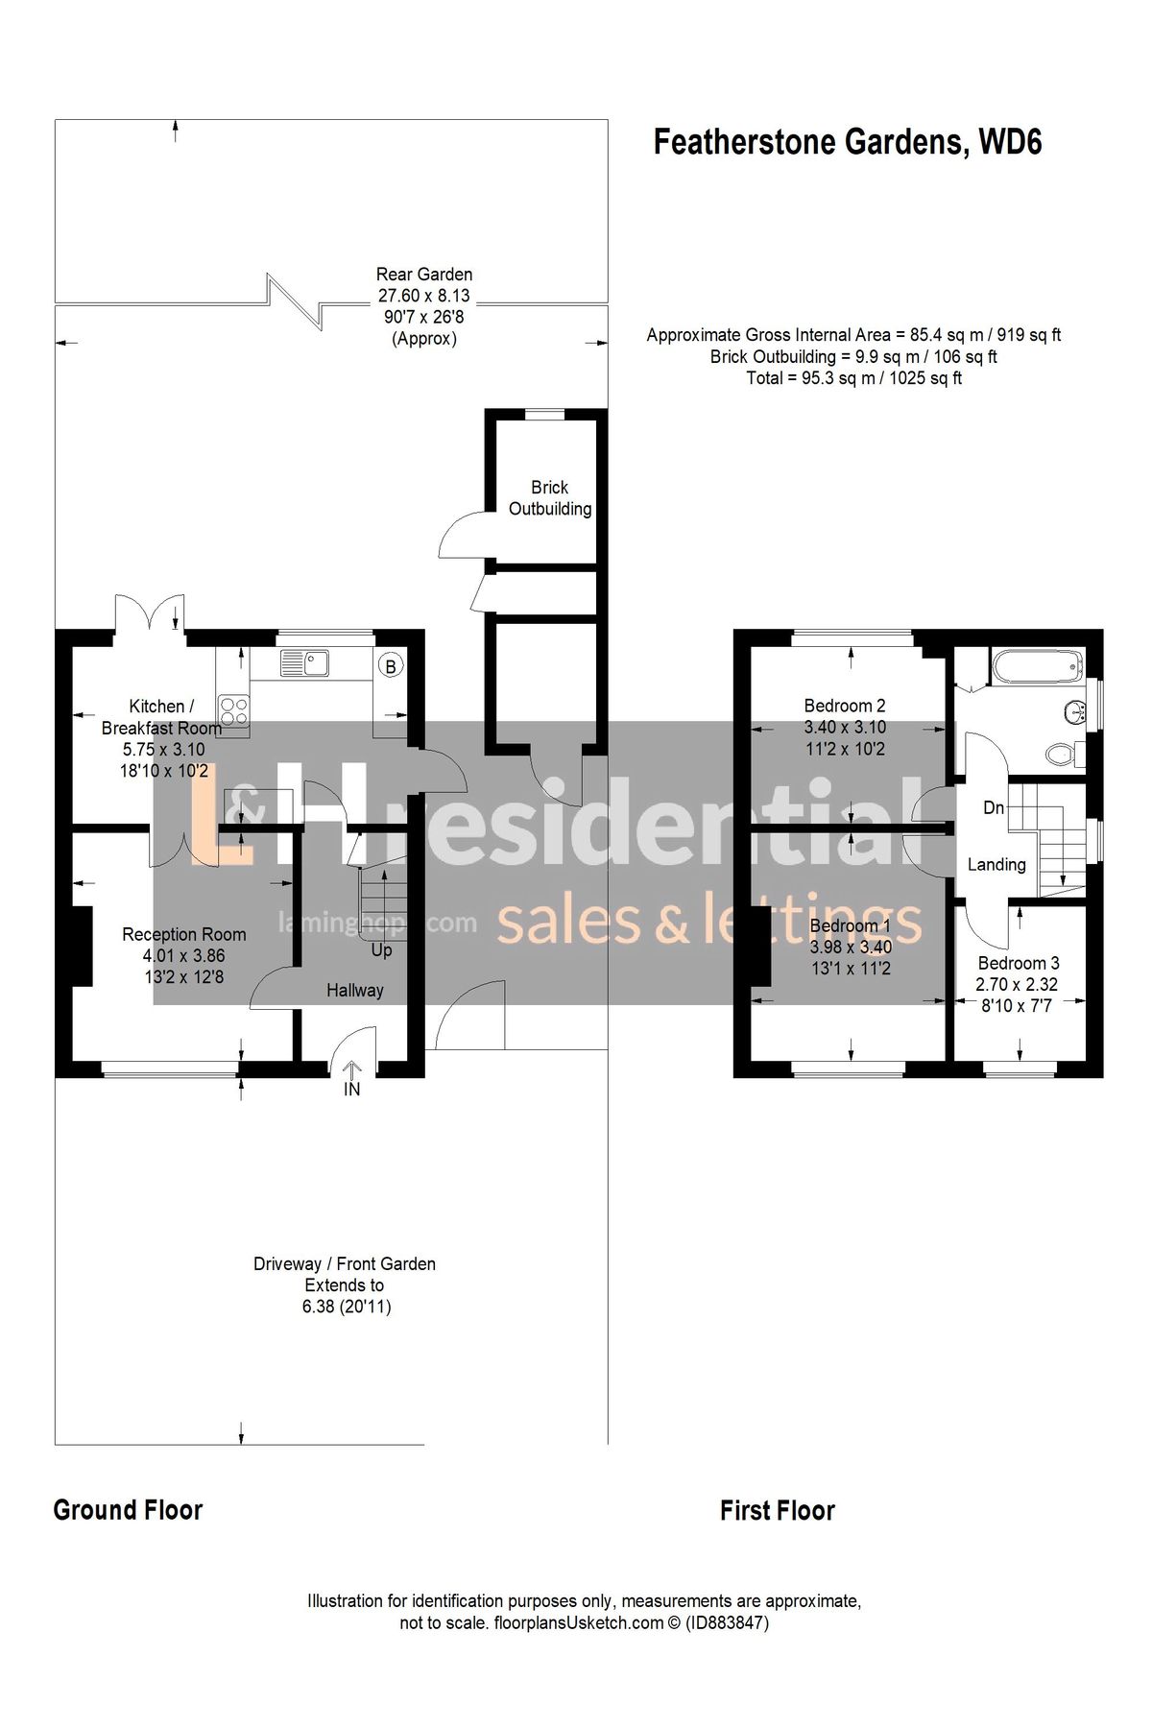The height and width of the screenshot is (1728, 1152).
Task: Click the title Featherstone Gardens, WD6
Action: [848, 142]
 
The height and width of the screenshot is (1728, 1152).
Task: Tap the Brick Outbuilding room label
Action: [549, 498]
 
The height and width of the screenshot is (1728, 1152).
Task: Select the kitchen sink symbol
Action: [304, 662]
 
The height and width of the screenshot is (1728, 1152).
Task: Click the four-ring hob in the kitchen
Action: [234, 710]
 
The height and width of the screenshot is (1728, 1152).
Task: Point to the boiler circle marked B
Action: [390, 665]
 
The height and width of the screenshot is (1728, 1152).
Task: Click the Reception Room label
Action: [183, 934]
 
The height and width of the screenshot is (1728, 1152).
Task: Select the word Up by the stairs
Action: [381, 950]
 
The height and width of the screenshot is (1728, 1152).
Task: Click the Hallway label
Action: [354, 990]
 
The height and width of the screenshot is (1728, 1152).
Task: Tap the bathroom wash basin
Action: [1077, 711]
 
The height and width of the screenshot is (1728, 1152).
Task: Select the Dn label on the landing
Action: [994, 807]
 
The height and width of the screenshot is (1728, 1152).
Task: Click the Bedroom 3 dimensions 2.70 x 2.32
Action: [1016, 984]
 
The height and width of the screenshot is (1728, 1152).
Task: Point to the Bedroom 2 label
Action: [844, 706]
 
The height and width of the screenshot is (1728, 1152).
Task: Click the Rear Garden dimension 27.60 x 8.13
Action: [423, 296]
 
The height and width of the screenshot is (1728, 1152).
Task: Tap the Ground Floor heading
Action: [128, 1510]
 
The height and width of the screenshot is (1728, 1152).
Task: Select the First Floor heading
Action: [777, 1510]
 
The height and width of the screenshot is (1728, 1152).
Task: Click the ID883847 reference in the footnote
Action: [727, 1623]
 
